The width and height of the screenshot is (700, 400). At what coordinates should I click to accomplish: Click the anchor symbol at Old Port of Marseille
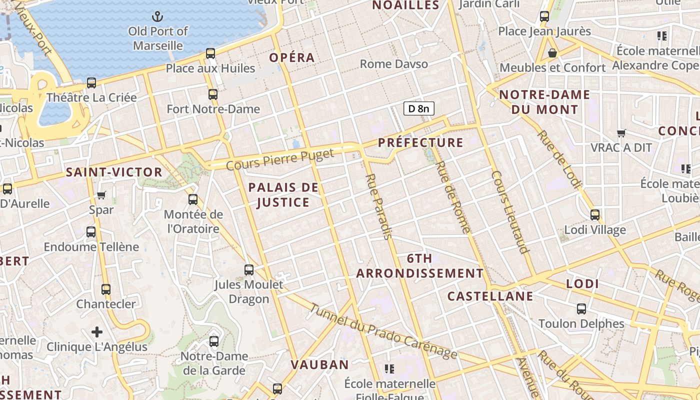(x=157, y=17)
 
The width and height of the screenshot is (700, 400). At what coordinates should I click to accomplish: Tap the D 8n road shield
(x=419, y=108)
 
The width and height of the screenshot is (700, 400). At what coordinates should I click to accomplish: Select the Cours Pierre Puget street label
(x=280, y=159)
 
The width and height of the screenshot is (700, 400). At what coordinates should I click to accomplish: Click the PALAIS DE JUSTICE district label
(x=283, y=195)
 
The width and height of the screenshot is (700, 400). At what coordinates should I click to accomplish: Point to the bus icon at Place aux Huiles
(x=210, y=53)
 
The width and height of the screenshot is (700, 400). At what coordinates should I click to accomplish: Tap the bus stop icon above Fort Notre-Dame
(x=213, y=94)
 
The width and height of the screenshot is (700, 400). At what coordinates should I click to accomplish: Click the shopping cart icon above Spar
(x=101, y=195)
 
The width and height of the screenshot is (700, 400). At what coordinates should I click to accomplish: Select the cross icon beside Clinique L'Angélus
(x=97, y=332)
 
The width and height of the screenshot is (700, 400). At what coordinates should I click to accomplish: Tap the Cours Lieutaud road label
(x=510, y=212)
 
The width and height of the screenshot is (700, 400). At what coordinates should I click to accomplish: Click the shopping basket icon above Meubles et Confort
(x=552, y=52)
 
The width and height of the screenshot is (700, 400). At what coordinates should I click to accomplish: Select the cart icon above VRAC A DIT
(x=621, y=133)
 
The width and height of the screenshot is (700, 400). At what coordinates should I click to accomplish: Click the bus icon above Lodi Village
(x=595, y=215)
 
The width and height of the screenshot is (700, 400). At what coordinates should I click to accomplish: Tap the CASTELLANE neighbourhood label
(x=490, y=296)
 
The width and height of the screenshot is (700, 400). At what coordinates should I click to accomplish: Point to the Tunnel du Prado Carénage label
(x=382, y=331)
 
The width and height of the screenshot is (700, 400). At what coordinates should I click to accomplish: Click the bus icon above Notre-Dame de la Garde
(x=214, y=341)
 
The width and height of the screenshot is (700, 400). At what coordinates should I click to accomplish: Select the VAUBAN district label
(x=320, y=364)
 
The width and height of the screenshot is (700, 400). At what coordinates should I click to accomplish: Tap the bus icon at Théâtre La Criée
(x=91, y=83)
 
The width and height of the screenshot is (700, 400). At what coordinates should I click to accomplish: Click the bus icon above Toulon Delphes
(x=581, y=309)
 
